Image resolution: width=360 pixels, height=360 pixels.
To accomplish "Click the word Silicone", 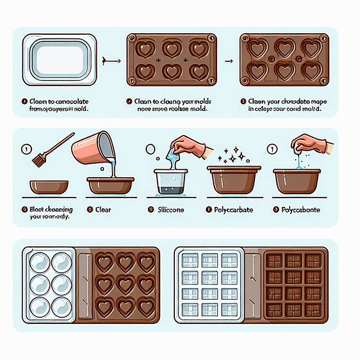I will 168,209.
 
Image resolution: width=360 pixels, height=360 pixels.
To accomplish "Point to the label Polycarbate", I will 233,209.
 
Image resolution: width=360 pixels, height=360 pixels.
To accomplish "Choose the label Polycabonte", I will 300,209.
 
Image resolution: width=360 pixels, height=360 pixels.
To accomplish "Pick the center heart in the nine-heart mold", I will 124,285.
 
